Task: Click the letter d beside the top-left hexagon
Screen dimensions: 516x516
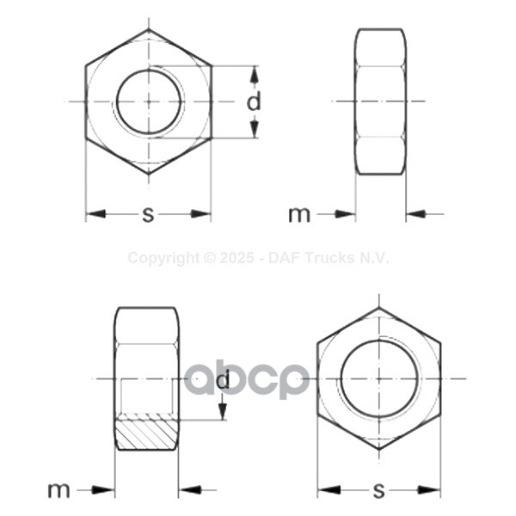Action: click(253, 102)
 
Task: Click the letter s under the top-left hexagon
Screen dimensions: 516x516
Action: click(148, 215)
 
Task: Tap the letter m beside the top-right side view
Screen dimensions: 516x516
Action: click(298, 214)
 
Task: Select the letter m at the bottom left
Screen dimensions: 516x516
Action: click(58, 490)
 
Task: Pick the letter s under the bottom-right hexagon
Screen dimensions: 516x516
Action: click(378, 491)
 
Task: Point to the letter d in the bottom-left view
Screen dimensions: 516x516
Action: click(223, 379)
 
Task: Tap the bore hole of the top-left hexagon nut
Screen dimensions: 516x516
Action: click(149, 101)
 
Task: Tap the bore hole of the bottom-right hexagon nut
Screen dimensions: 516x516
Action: click(378, 378)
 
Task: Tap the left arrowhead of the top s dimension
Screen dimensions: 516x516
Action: click(95, 213)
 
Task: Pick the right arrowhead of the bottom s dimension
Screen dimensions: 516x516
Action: click(431, 490)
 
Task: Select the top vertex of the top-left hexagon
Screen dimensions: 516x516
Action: click(149, 30)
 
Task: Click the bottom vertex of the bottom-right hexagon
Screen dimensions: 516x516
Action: click(378, 449)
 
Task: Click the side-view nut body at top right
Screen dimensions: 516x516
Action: click(380, 101)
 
